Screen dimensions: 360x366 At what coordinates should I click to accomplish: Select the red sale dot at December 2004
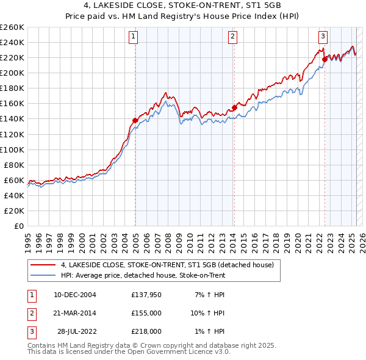pyautogui.click(x=135, y=120)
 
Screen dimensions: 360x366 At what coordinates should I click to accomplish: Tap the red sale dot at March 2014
pyautogui.click(x=234, y=107)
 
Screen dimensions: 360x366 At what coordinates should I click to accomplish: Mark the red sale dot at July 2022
pyautogui.click(x=325, y=59)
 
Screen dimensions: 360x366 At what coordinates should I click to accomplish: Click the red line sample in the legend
pyautogui.click(x=43, y=265)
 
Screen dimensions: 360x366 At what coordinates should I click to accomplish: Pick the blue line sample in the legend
pyautogui.click(x=43, y=276)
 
